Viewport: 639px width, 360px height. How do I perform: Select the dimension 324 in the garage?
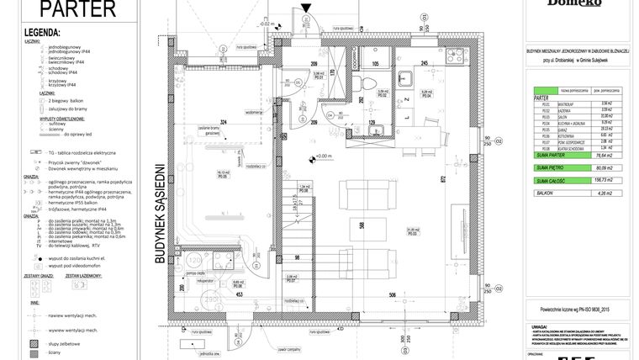223,124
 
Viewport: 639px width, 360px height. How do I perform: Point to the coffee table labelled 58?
383,226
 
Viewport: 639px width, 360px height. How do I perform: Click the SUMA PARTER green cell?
550,154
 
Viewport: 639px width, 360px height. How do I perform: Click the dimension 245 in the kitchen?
425,64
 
